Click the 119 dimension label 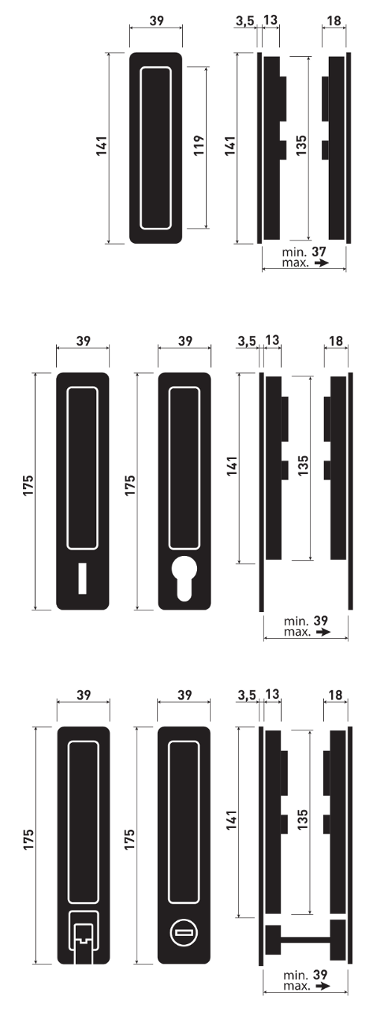point(198,145)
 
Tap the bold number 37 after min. point(319,251)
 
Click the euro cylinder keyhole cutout point(184,578)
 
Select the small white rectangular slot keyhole point(82,578)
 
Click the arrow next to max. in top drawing point(321,263)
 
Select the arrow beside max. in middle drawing point(322,632)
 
